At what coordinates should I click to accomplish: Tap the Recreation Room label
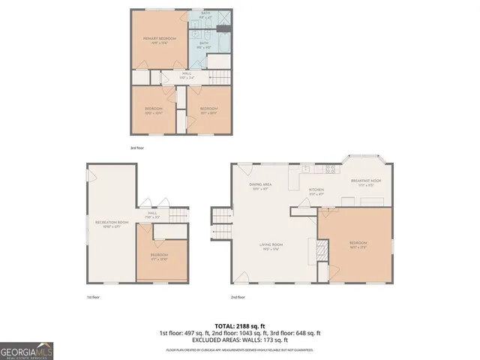click(x=111, y=224)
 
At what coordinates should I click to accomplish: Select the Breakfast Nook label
click(x=366, y=182)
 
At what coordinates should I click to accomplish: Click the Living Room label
click(x=270, y=247)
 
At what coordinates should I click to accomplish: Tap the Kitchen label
click(x=316, y=191)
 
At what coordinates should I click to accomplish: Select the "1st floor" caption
click(x=93, y=297)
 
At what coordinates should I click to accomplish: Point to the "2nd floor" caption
click(x=238, y=297)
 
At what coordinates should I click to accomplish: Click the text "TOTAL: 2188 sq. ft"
click(x=239, y=325)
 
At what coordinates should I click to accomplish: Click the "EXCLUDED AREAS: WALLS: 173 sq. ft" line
click(x=239, y=340)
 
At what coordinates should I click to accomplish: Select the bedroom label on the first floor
click(x=158, y=256)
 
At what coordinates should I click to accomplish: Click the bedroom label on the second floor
click(x=358, y=244)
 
